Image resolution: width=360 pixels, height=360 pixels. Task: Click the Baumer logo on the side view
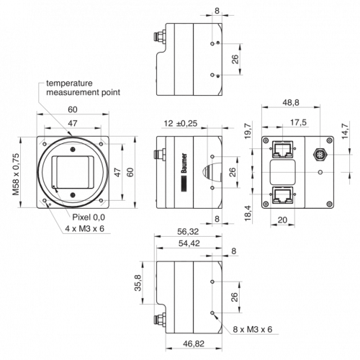(184, 173)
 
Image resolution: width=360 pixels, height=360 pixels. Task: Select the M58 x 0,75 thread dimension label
(16, 174)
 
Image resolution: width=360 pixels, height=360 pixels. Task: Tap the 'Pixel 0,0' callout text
(89, 217)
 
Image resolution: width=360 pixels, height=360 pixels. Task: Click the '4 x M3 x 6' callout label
(85, 228)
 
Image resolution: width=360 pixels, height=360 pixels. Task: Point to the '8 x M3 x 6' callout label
(253, 329)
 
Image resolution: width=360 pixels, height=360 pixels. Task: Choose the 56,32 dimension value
(188, 232)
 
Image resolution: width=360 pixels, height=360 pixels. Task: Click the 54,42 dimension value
(189, 243)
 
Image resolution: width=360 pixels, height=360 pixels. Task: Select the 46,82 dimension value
(194, 343)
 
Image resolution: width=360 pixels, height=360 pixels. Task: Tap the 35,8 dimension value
(138, 283)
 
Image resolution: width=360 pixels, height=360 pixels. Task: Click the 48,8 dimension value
(291, 102)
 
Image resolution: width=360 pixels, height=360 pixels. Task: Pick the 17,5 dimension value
(298, 122)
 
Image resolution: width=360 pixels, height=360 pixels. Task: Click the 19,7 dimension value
(248, 131)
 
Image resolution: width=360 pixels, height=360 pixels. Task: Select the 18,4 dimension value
(248, 213)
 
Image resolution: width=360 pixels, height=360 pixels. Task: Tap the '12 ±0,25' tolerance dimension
(181, 123)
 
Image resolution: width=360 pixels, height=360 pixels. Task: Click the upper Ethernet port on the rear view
(283, 149)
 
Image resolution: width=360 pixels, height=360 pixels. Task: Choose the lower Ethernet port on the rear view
(283, 195)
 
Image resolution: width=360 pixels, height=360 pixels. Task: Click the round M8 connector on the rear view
(320, 154)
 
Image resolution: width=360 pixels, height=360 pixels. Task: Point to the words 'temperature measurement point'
(83, 88)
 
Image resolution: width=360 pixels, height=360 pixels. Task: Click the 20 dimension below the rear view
(282, 220)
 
